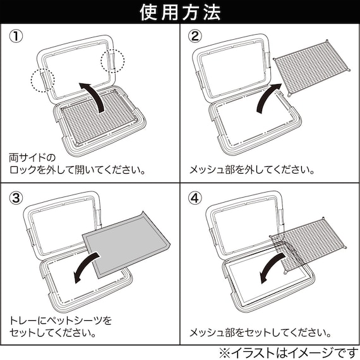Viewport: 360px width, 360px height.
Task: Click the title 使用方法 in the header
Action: (x=180, y=12)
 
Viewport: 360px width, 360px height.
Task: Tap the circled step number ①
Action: (x=17, y=36)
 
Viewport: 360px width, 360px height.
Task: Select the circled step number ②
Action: (x=196, y=36)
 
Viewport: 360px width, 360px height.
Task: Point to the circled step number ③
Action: (x=17, y=198)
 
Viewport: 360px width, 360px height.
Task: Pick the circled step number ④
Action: (x=196, y=198)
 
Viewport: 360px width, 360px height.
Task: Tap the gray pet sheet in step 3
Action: (x=126, y=243)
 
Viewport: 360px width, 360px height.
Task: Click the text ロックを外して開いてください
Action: (x=77, y=169)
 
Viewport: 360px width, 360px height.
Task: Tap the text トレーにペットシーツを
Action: (x=60, y=320)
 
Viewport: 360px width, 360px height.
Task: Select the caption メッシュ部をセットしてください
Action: (x=260, y=331)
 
